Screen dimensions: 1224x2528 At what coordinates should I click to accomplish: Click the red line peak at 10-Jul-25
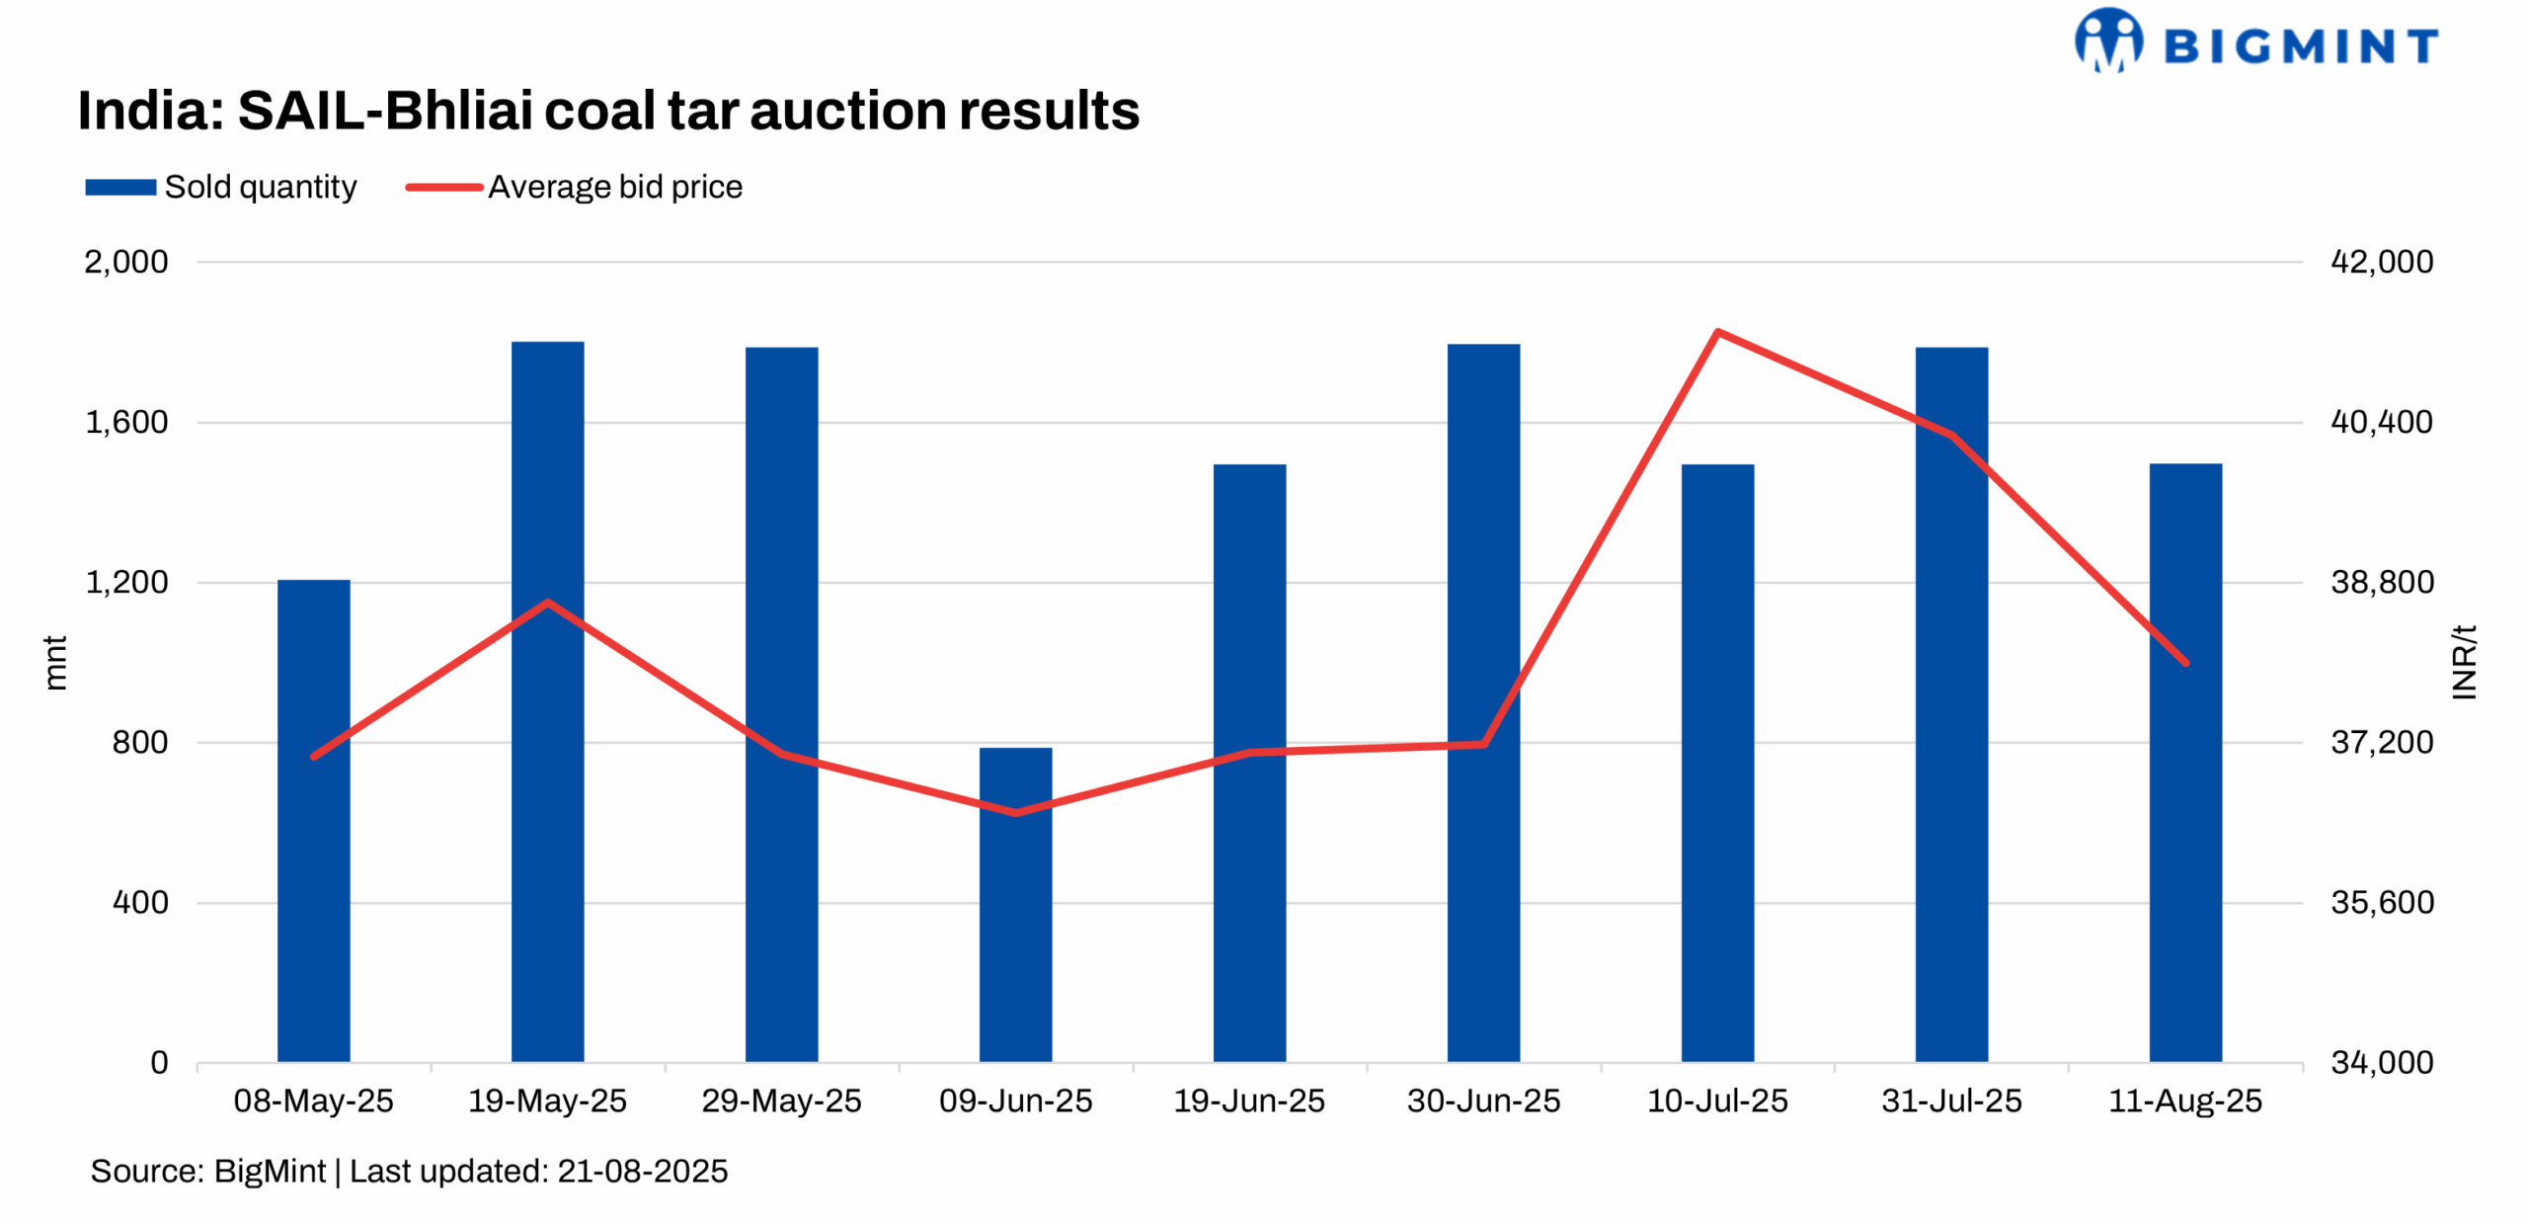(x=1717, y=332)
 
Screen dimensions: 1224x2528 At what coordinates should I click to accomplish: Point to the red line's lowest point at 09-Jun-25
(x=1015, y=813)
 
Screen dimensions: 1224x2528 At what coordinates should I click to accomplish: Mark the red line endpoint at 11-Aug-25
(x=2185, y=663)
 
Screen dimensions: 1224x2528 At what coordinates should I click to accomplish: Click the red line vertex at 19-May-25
(x=547, y=602)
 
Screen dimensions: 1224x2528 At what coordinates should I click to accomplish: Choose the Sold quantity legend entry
(x=221, y=187)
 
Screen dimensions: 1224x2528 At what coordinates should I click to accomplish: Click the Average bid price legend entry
(x=575, y=187)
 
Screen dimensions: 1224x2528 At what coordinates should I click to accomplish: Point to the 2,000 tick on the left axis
(x=126, y=262)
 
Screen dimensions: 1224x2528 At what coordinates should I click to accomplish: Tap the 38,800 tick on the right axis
(x=2381, y=582)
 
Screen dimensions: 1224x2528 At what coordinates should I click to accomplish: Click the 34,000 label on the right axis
(x=2381, y=1062)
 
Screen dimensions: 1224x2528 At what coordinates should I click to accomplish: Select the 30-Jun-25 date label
(x=1483, y=1101)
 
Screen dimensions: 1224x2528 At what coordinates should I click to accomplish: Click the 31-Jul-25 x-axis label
(x=1950, y=1101)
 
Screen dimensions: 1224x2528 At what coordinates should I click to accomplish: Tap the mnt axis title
(x=55, y=662)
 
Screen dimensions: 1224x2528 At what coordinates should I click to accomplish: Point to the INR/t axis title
(x=2464, y=662)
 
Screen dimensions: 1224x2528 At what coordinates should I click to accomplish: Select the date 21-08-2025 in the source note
(x=642, y=1171)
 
